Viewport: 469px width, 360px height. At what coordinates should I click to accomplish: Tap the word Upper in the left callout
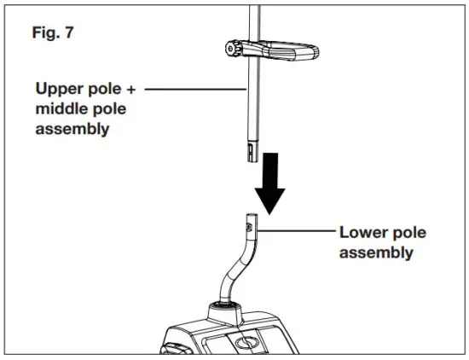[x=58, y=88]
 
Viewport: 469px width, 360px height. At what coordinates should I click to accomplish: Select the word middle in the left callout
[x=60, y=109]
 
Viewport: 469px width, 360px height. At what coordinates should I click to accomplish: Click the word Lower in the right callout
[x=361, y=232]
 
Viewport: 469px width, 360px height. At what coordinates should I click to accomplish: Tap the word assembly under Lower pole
[x=376, y=253]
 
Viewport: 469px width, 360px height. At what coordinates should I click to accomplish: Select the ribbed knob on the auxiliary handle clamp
[x=234, y=50]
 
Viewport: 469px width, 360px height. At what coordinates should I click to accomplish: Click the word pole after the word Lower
[x=408, y=232]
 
